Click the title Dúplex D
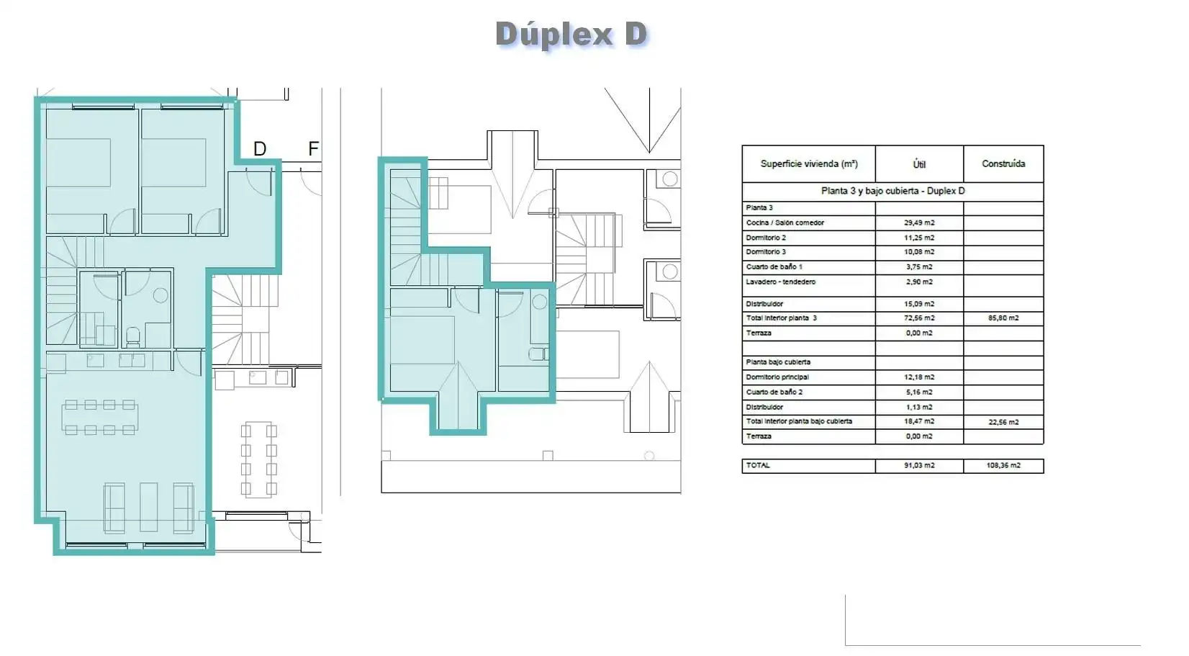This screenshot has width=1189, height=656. click(571, 35)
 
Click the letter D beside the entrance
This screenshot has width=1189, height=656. click(260, 149)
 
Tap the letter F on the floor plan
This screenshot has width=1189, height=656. click(314, 148)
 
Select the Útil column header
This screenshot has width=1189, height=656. click(919, 164)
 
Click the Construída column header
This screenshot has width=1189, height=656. click(1003, 163)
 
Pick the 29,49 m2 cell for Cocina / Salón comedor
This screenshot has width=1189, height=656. click(919, 223)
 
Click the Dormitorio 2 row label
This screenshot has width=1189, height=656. click(766, 238)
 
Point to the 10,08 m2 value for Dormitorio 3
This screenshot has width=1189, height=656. click(919, 252)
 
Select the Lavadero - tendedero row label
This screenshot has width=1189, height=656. click(780, 282)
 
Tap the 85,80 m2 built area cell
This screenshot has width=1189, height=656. click(1003, 318)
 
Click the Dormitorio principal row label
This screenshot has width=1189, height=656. click(777, 377)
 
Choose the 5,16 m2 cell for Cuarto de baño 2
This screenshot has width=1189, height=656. click(919, 392)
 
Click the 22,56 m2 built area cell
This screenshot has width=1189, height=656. click(1003, 422)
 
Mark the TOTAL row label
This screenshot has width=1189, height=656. click(757, 465)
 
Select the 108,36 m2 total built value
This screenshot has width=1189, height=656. click(1003, 465)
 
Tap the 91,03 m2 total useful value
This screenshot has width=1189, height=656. click(919, 465)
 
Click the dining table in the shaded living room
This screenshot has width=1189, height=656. click(100, 418)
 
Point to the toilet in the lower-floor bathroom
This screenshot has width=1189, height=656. click(132, 337)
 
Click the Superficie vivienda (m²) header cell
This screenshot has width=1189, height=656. click(809, 163)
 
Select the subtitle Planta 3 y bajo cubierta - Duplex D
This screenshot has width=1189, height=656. click(892, 192)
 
